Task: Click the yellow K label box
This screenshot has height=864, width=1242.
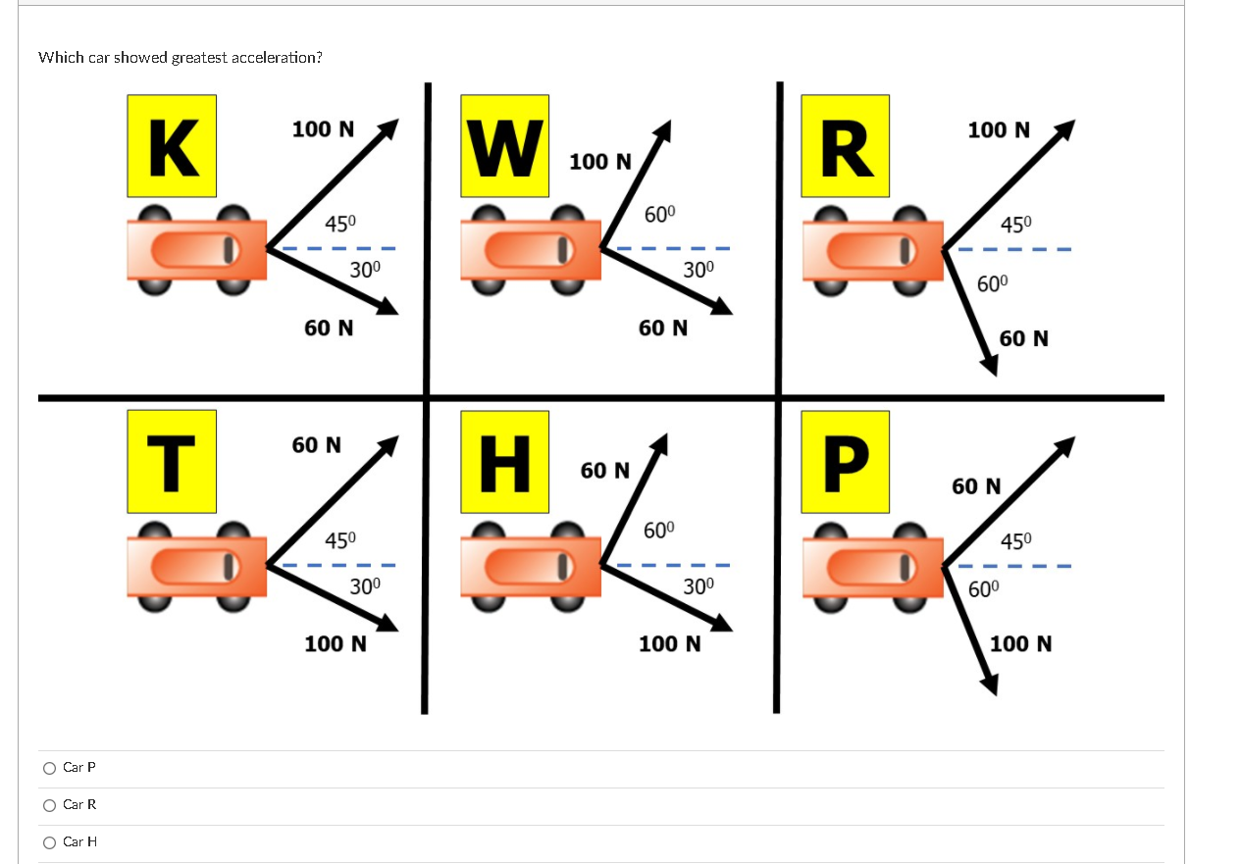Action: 172,146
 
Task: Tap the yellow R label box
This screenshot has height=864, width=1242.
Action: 846,146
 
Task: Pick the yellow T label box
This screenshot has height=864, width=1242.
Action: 172,462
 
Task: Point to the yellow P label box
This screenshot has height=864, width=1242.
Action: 846,462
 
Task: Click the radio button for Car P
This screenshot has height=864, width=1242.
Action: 50,768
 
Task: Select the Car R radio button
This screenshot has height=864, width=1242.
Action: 50,805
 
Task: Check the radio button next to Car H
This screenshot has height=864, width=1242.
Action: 50,842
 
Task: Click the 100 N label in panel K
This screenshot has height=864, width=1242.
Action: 324,129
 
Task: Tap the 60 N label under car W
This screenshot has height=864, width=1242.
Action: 663,328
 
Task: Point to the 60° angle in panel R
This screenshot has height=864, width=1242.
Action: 992,283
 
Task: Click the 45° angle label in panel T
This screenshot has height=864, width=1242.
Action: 340,539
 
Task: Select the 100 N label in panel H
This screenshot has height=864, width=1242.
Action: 669,644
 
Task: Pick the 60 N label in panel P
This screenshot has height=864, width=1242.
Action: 976,486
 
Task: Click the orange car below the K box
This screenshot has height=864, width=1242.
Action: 196,249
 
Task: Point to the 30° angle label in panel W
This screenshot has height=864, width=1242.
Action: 699,269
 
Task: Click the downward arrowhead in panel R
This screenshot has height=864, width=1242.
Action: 989,366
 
